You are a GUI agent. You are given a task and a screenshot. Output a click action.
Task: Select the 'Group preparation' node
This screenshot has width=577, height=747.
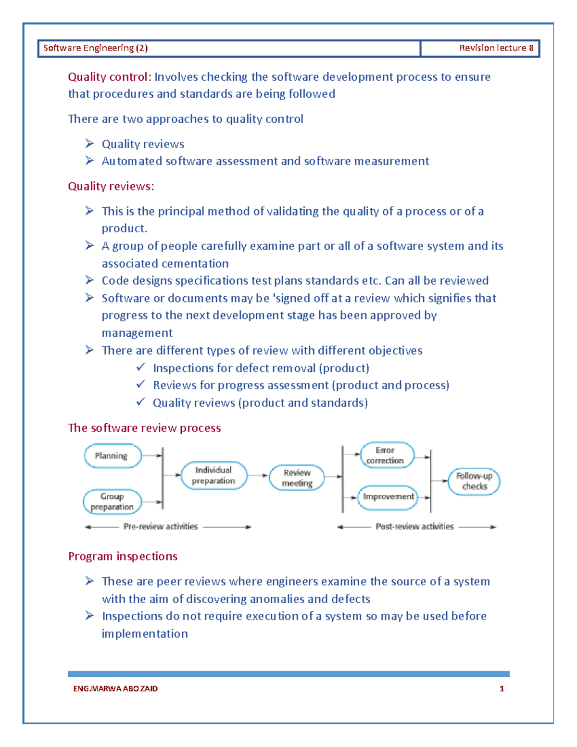click(112, 502)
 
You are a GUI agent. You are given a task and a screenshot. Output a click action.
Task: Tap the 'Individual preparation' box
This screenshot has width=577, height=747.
click(213, 476)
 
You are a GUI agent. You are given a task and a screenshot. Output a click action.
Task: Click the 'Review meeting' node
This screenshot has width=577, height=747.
click(297, 478)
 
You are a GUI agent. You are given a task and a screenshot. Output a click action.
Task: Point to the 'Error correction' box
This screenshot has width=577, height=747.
click(387, 455)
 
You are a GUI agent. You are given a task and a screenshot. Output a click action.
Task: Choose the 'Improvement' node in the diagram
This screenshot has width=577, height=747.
click(388, 497)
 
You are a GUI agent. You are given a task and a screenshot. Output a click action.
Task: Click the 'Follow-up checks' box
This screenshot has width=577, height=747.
click(474, 481)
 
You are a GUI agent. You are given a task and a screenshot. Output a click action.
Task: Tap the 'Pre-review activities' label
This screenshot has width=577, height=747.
click(161, 527)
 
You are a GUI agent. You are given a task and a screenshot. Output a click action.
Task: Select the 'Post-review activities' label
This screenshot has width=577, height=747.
click(414, 527)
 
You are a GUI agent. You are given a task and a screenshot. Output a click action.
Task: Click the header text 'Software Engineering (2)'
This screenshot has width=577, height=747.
click(95, 48)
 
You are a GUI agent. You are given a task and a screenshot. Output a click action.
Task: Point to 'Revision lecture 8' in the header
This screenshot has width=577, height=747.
click(496, 48)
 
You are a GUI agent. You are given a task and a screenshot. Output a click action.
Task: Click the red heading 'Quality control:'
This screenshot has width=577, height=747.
click(110, 77)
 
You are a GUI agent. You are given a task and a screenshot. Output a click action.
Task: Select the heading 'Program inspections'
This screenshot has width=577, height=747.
click(123, 557)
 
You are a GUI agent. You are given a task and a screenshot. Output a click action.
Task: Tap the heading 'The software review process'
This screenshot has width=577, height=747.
click(144, 428)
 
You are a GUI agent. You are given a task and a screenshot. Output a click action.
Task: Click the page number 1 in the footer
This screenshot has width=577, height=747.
click(502, 689)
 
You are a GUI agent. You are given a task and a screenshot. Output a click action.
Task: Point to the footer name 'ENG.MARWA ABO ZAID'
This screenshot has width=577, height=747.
click(115, 689)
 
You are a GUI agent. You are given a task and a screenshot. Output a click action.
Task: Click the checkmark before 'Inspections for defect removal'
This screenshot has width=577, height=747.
click(140, 367)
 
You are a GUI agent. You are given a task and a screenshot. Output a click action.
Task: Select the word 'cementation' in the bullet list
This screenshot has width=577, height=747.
click(198, 264)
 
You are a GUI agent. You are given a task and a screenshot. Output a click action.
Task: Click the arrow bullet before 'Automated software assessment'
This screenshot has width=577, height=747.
click(89, 161)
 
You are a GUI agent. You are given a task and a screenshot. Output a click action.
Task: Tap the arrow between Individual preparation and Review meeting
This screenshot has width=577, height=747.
click(258, 476)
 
